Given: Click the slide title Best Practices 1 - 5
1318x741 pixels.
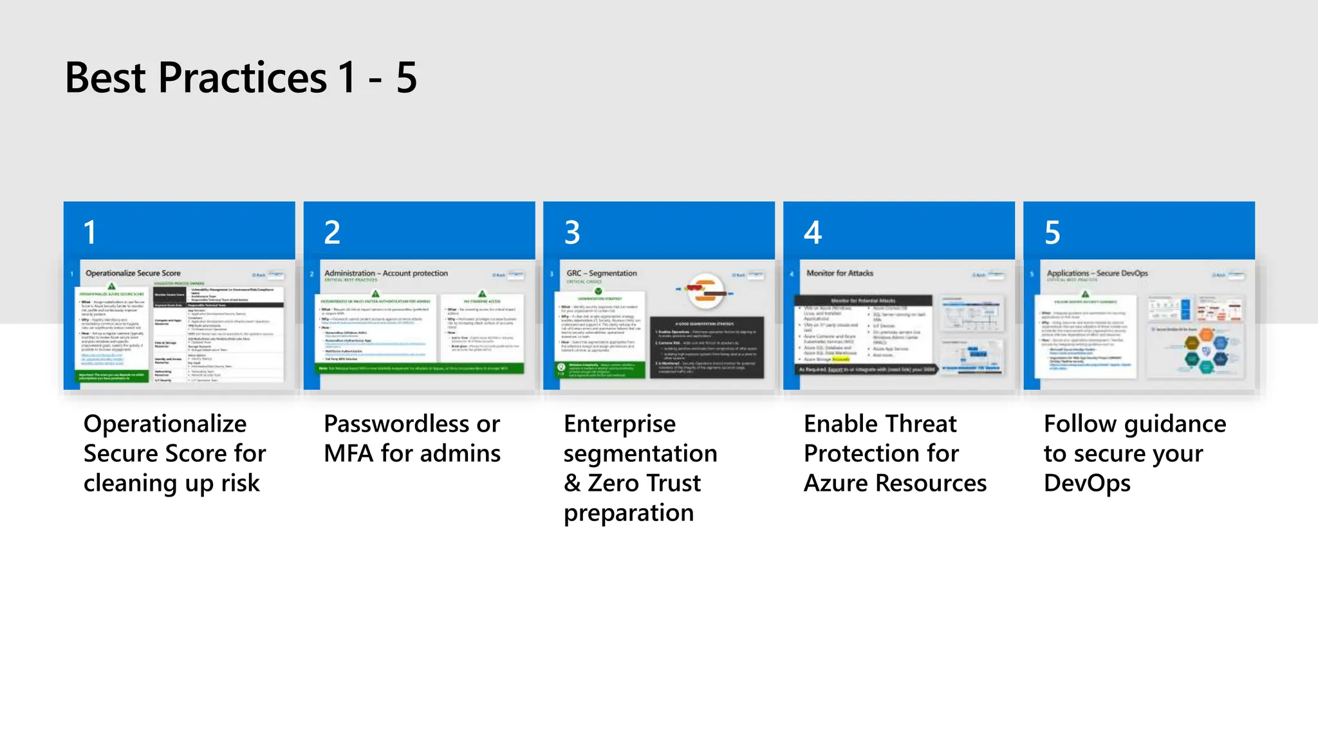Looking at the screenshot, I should click(241, 78).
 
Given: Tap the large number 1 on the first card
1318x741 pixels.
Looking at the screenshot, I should click(90, 232).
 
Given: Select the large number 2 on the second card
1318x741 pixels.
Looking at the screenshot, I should click(331, 232).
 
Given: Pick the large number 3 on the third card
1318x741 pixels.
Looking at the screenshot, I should click(572, 232).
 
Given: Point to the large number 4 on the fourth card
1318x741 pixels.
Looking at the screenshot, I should click(813, 232).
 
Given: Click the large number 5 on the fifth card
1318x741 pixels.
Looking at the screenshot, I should click(1052, 232).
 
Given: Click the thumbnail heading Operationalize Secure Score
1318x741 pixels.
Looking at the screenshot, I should click(133, 273).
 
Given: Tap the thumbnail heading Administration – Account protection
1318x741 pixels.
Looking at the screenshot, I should click(386, 273).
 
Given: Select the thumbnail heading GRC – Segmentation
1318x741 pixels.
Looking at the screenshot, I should click(602, 273).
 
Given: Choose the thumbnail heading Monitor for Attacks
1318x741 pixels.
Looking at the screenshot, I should click(840, 273).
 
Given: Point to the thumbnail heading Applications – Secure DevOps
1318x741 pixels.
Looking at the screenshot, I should click(1097, 273).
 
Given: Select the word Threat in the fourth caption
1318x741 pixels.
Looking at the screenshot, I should click(921, 424).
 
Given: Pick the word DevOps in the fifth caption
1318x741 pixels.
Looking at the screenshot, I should click(1087, 483).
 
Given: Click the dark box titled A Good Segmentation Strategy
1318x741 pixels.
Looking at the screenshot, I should click(707, 347).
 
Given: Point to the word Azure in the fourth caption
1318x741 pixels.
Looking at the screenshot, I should click(836, 483).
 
